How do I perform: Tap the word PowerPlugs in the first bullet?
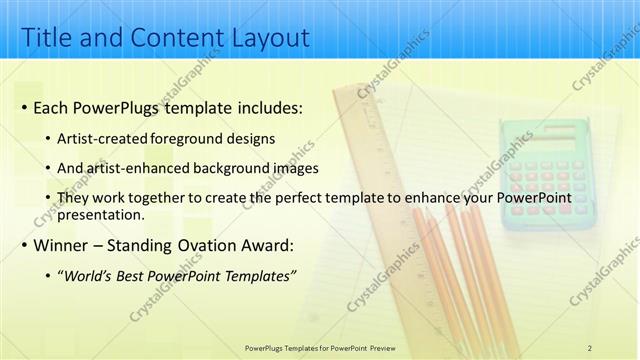coord(120,107)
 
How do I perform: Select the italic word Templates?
coord(258,276)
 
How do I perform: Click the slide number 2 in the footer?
coord(589,347)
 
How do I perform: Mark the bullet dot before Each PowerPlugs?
coord(22,108)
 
